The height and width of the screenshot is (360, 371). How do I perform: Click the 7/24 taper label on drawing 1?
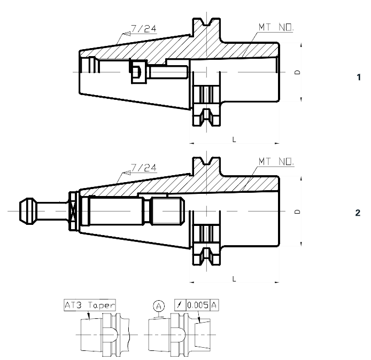(x=144, y=29)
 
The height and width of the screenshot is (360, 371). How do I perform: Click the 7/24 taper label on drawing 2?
(x=144, y=168)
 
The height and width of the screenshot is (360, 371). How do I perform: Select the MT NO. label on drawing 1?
(x=276, y=27)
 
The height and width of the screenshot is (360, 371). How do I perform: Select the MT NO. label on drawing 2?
(x=276, y=162)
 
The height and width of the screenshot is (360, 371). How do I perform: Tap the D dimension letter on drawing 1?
(x=297, y=72)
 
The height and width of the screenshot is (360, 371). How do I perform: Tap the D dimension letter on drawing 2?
(x=297, y=212)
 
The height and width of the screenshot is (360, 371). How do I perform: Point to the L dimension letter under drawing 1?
(x=234, y=139)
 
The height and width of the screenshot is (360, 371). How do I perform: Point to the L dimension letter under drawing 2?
(x=234, y=279)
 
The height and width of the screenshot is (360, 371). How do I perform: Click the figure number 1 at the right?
(x=359, y=77)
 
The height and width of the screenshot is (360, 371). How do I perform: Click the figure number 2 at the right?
(x=358, y=213)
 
